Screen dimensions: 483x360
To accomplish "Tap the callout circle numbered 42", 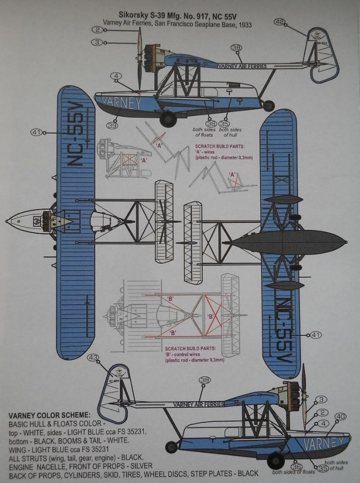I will (280, 22).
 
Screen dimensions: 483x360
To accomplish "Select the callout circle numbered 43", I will (93, 357).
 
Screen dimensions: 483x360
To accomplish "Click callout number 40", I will (340, 417).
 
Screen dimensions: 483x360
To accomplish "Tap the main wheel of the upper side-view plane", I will (168, 118).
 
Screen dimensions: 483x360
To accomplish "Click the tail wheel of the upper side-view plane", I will (269, 105).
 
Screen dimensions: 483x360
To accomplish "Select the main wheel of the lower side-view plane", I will (276, 461).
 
